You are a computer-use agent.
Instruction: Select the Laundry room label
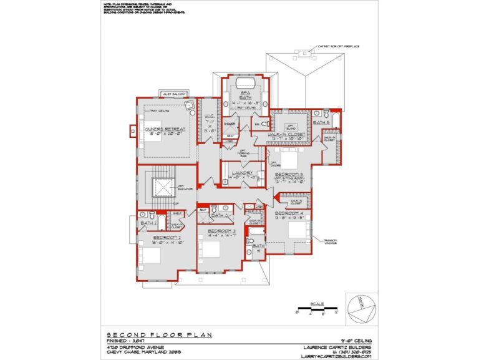[241, 174]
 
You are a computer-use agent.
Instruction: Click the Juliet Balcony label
[175, 94]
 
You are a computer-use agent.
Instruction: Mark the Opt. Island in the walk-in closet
[290, 127]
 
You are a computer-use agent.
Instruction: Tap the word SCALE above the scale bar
[317, 301]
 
